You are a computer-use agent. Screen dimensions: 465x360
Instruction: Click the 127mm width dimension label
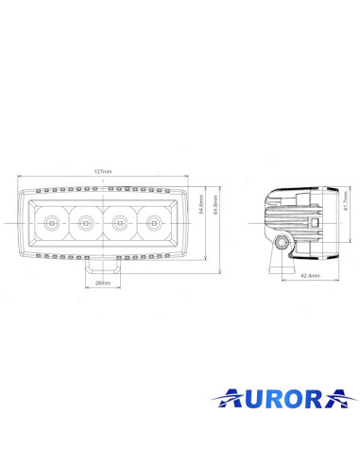tap(102, 172)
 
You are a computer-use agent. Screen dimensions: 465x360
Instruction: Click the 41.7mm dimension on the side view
tap(346, 201)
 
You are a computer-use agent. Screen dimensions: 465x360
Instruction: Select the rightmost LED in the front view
tap(153, 223)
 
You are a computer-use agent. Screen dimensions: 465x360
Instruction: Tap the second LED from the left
tap(85, 223)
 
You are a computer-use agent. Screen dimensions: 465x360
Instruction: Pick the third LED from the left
tap(119, 223)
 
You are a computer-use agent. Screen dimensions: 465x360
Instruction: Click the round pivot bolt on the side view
tap(281, 244)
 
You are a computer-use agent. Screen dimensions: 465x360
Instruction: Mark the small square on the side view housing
tap(313, 224)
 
